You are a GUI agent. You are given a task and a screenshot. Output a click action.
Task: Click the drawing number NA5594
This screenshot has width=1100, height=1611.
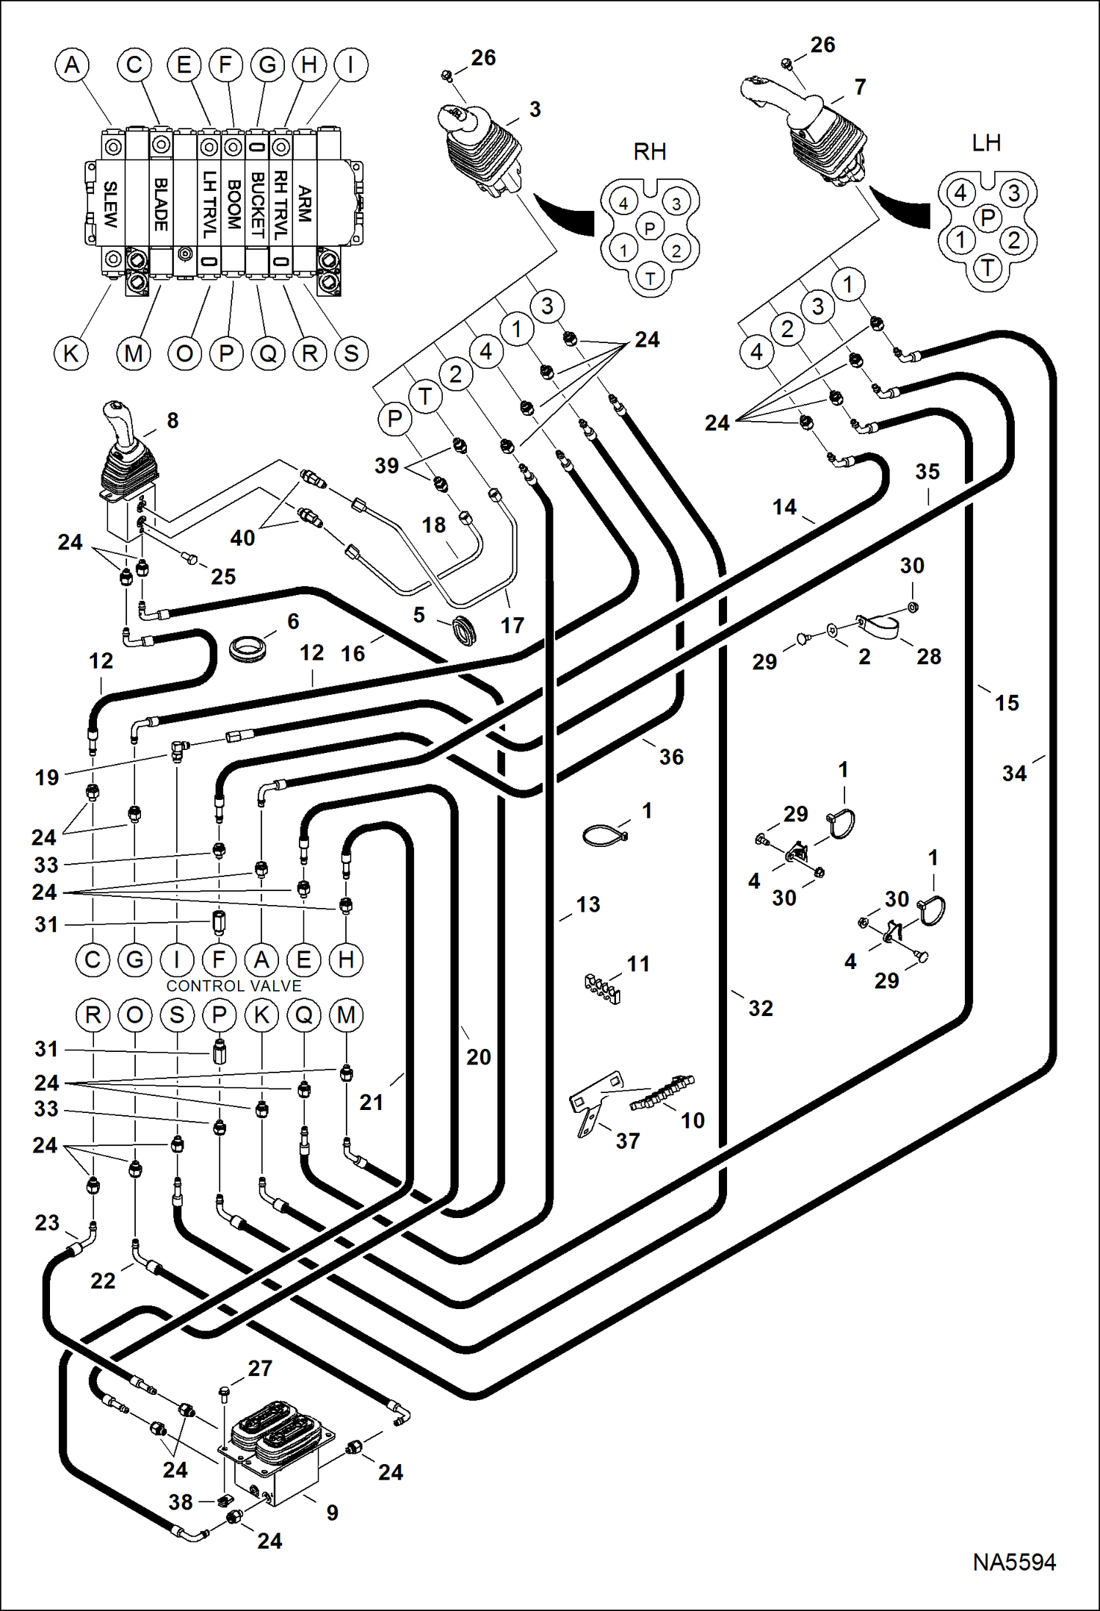pos(1014,1561)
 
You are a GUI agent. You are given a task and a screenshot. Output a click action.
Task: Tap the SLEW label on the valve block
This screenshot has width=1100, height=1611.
pos(110,204)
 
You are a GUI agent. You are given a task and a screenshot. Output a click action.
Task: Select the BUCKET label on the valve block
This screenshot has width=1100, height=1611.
pos(257,204)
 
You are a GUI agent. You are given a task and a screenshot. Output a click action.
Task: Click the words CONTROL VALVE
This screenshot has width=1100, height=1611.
pos(234,986)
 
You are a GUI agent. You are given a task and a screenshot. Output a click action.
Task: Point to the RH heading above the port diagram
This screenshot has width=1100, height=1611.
pos(649,152)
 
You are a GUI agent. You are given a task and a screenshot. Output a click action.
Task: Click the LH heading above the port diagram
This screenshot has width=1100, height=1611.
pos(985,143)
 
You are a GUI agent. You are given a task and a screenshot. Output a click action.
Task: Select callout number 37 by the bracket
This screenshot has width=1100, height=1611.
pos(627,1141)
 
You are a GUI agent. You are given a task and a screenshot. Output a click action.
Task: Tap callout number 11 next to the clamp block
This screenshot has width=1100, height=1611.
pos(637,963)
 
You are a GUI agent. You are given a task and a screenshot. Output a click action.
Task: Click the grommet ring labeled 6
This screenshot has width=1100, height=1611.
pos(247,649)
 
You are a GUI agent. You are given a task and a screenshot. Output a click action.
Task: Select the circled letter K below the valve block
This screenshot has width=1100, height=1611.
pos(71,353)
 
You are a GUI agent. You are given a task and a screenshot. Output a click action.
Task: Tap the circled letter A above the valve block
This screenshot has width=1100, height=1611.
pos(72,65)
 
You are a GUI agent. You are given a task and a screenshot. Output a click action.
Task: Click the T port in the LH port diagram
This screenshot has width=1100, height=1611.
pos(988,268)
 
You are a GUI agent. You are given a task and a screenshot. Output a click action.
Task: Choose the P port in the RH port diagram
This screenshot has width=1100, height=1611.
pos(649,228)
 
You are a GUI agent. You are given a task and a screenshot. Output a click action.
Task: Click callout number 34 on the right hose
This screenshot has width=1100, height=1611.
pos(1014,773)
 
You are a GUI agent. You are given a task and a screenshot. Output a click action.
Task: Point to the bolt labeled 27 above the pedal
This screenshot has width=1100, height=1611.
pos(224,1391)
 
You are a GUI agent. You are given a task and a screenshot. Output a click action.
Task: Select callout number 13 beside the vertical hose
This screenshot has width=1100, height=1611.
pos(587,904)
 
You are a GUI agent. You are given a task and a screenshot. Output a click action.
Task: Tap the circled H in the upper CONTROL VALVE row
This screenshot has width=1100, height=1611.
pos(346,959)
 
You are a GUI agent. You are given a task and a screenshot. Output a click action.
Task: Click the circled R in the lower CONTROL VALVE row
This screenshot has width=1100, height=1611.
pos(93,1015)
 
